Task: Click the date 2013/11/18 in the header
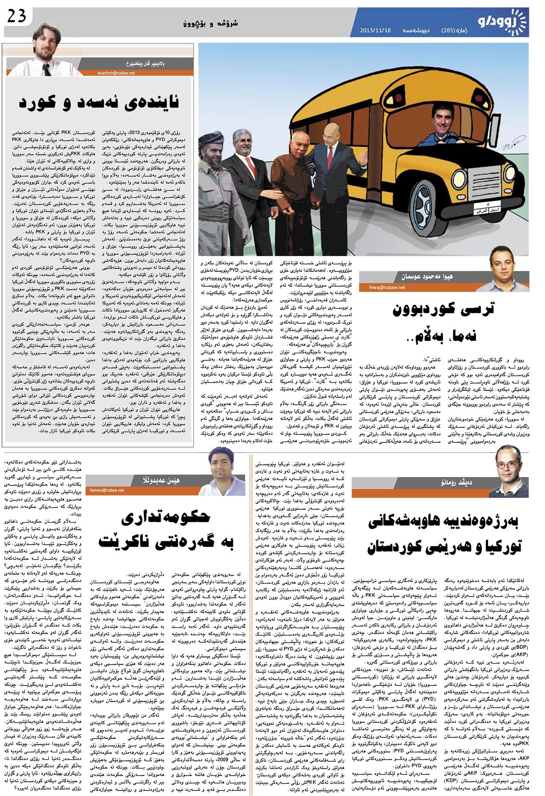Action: pyautogui.click(x=375, y=31)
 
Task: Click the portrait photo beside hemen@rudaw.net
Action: pyautogui.click(x=218, y=472)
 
